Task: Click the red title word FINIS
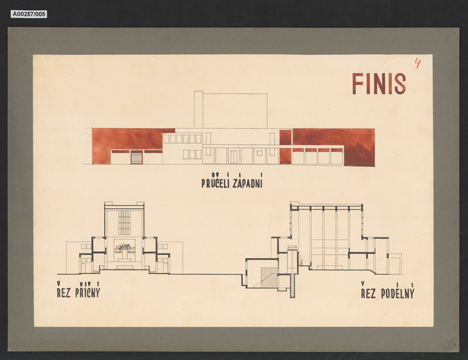point(378,84)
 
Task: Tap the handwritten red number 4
point(418,63)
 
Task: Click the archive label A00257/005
point(29,14)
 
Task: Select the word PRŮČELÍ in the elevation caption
point(215,181)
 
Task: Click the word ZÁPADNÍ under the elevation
point(247,181)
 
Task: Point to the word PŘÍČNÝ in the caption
point(87,290)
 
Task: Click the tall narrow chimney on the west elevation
point(198,109)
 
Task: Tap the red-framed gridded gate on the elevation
point(136,157)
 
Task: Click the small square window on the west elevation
point(259,153)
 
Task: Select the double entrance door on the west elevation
point(233,157)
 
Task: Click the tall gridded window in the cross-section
point(125,223)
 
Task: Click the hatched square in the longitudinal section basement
point(269,278)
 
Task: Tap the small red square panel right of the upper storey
point(285,137)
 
